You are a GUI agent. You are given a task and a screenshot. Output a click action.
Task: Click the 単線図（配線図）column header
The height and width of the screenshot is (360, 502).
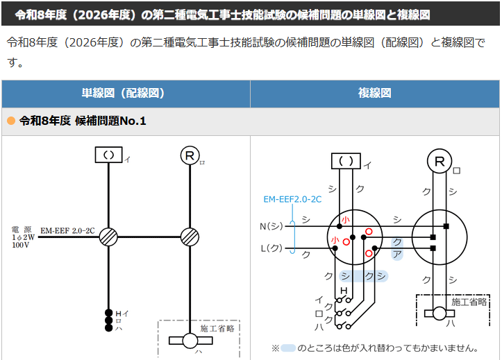(x=123, y=93)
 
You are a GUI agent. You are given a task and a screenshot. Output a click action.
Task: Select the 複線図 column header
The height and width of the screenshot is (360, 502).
(x=374, y=93)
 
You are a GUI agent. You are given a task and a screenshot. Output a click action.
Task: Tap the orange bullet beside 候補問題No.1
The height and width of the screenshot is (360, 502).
(x=11, y=121)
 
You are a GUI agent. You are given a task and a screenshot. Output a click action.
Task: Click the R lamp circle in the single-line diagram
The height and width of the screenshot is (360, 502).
(x=190, y=155)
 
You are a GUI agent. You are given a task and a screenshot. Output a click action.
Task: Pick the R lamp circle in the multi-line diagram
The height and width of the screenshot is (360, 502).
(x=440, y=161)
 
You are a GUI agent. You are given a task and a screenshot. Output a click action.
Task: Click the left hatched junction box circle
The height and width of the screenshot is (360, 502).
(x=108, y=237)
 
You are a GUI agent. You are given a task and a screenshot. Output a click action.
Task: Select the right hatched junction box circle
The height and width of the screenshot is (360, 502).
(x=190, y=237)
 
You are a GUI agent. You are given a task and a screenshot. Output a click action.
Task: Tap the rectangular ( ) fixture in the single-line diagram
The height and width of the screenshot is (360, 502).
(x=108, y=155)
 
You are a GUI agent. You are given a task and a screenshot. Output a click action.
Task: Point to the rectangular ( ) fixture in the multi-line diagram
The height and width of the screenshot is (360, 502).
(x=346, y=161)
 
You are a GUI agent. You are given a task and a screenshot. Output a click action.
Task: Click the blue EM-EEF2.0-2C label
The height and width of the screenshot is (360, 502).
(x=292, y=200)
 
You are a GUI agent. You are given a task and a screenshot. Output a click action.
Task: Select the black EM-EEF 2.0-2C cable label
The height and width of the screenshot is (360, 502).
(x=67, y=231)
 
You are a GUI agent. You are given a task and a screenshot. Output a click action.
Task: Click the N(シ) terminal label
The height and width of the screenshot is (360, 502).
(x=271, y=226)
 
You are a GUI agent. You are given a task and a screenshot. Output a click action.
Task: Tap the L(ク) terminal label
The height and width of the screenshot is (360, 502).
(x=271, y=248)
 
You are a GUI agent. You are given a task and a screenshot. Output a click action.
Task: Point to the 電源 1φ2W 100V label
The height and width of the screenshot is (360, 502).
(x=22, y=237)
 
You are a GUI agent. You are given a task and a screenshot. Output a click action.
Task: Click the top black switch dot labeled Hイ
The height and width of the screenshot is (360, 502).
(x=108, y=313)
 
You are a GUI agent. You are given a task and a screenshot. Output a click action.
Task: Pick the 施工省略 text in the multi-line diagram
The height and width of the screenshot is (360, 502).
(x=469, y=302)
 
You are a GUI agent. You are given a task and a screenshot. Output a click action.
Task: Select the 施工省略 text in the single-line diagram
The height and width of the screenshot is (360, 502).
(x=217, y=329)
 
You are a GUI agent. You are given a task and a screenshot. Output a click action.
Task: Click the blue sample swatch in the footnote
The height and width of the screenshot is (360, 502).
(x=288, y=348)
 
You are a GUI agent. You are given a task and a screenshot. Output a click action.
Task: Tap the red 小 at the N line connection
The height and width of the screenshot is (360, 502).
(x=345, y=220)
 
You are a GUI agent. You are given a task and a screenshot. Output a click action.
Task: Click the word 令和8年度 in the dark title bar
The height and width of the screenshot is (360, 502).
(x=41, y=15)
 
